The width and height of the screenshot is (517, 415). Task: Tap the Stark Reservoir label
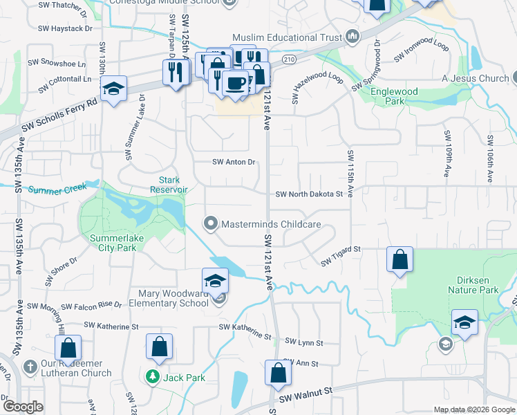(169, 184)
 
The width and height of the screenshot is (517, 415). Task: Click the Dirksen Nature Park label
(482, 286)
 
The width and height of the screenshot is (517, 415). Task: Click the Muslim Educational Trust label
(287, 37)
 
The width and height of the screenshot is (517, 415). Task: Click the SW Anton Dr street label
(234, 162)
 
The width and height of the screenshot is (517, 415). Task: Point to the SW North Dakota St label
(309, 195)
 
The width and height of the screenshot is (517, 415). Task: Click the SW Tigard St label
(341, 255)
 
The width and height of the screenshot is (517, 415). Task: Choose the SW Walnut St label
(306, 396)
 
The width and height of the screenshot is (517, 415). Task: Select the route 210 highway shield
(289, 60)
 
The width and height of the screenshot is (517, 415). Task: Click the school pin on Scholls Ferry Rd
(113, 89)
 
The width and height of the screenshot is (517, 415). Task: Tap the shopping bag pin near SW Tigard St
(399, 261)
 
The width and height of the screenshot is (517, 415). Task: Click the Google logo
(23, 407)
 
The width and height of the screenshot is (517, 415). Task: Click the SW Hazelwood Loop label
(317, 87)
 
